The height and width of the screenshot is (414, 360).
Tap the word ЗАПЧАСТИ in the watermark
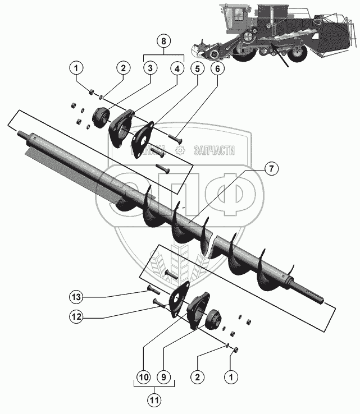pos(214,150)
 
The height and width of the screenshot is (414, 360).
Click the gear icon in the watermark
pos(180,150)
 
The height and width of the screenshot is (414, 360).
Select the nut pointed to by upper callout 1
pos(92,91)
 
